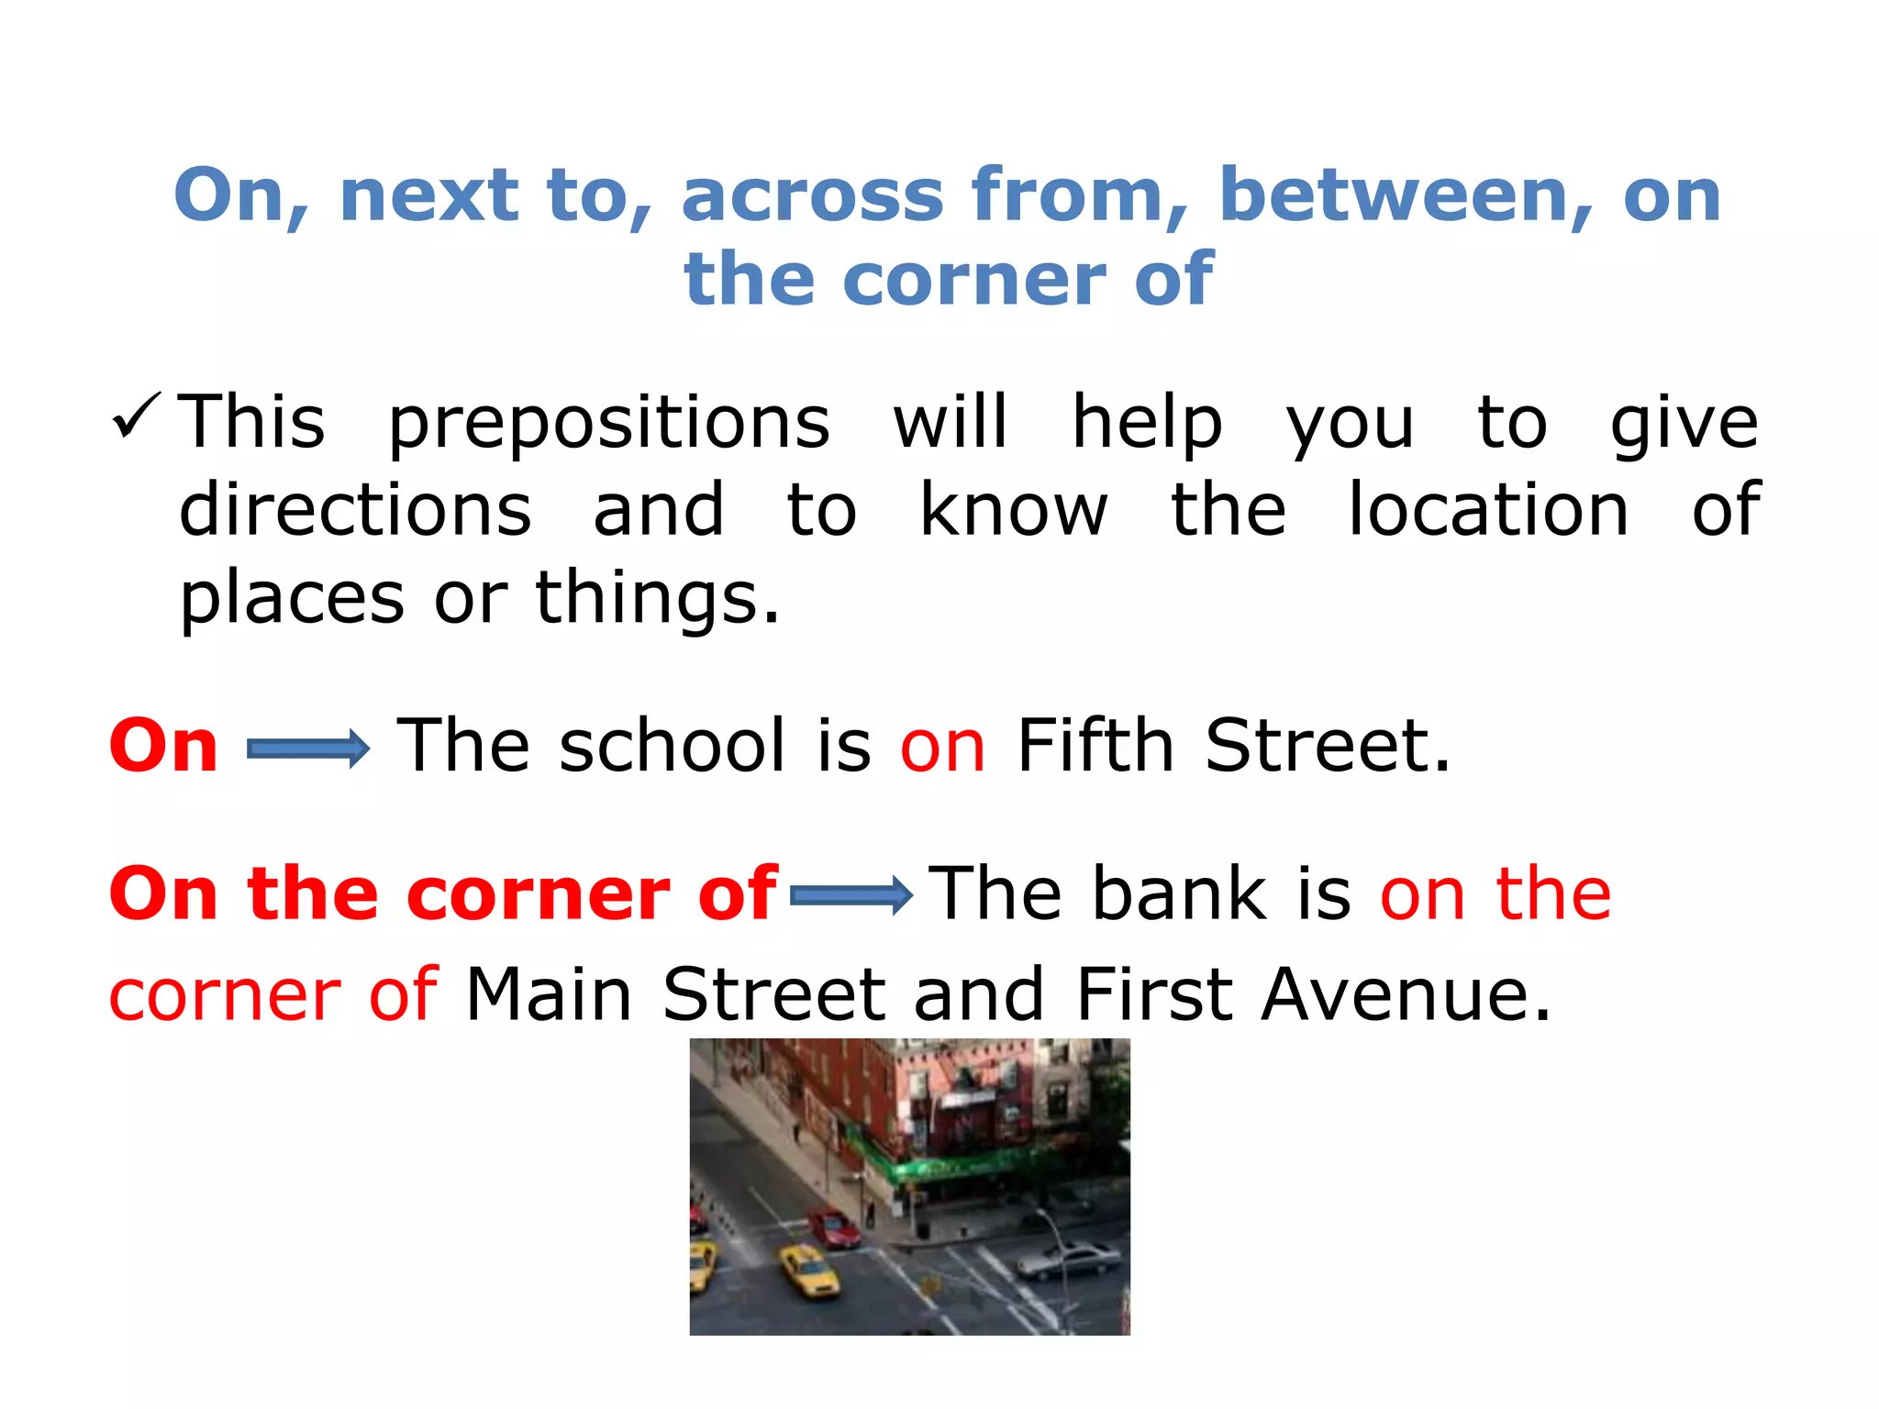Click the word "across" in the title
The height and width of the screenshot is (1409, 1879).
[x=812, y=195]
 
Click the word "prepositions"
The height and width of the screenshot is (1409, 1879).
[x=609, y=424]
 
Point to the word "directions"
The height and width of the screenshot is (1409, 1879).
[x=355, y=510]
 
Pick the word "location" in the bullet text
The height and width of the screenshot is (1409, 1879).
[x=1488, y=510]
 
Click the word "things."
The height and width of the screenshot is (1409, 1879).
[x=658, y=598]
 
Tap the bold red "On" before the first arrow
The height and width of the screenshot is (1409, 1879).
[x=163, y=746]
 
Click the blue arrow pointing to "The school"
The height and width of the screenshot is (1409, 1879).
[x=308, y=749]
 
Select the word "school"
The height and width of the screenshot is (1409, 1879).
[x=673, y=746]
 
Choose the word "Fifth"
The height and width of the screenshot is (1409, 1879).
[x=1095, y=746]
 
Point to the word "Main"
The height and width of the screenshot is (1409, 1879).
[x=549, y=994]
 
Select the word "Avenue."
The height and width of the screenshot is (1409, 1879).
[x=1406, y=994]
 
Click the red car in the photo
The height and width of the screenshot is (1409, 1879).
[x=833, y=1228]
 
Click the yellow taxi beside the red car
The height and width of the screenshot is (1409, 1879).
[x=807, y=1271]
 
